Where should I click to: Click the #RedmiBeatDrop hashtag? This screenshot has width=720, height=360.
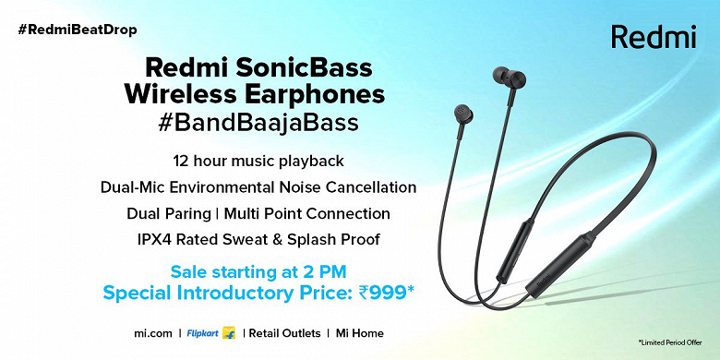[78, 30]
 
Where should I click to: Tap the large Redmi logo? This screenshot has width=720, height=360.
[654, 37]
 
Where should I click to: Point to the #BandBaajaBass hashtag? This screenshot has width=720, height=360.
[258, 123]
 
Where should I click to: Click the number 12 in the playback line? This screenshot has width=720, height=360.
[181, 162]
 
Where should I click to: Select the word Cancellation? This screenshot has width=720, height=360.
[371, 187]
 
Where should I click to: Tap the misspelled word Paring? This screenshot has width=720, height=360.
[188, 214]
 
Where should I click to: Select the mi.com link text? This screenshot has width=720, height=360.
[153, 333]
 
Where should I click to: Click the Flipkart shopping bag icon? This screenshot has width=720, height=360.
[228, 333]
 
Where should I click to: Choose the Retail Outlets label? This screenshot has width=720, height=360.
[284, 333]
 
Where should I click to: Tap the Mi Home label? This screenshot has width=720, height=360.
[360, 333]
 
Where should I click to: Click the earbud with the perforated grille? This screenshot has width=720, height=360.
[462, 114]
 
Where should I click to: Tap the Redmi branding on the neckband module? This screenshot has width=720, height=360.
[546, 281]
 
